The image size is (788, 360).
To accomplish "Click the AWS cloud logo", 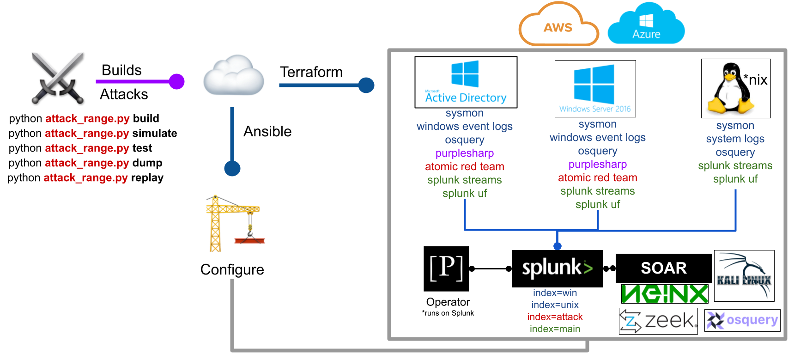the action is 558,24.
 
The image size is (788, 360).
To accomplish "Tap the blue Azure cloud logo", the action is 646,23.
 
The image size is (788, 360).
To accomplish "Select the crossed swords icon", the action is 58,78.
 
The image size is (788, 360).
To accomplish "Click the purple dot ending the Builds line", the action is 176,82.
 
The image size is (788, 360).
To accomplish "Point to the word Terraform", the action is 311,72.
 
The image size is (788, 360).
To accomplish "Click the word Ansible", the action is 267,131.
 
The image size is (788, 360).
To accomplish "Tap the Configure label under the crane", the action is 232,269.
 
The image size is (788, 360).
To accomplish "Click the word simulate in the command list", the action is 155,134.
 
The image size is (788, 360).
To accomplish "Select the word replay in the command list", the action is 147,178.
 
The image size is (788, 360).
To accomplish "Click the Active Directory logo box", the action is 466,82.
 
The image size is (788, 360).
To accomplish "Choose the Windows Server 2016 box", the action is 595,89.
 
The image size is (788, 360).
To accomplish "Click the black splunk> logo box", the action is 557,268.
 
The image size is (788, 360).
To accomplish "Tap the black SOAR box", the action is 663,268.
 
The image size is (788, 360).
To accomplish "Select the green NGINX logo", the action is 665,294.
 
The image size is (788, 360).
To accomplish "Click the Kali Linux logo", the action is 745,276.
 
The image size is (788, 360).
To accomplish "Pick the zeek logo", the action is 658,321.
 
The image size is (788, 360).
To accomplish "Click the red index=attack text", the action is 555,317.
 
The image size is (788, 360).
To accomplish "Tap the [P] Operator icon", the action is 446,269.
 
